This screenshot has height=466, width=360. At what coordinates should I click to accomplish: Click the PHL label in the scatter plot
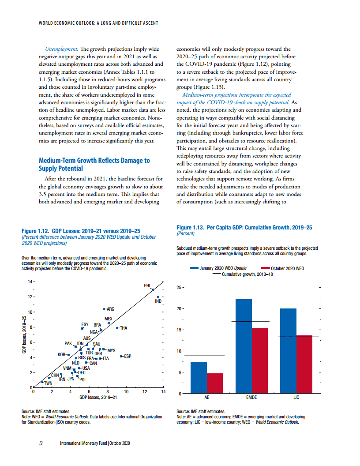(x=148, y=286)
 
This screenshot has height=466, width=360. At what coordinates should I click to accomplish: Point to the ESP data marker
(x=122, y=356)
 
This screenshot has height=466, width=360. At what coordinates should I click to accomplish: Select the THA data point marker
(x=117, y=328)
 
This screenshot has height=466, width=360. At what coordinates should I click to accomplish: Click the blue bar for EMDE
(x=244, y=346)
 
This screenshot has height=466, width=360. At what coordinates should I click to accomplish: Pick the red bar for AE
(x=215, y=383)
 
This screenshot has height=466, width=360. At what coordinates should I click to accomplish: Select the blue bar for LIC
(x=288, y=351)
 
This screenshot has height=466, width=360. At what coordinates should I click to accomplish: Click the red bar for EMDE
(x=260, y=361)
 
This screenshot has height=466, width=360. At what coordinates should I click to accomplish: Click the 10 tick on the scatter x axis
(x=126, y=392)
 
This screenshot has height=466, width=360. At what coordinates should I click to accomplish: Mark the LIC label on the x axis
(x=296, y=398)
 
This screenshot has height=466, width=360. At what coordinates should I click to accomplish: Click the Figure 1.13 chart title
(x=244, y=227)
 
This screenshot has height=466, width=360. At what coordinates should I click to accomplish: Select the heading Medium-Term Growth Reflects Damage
(x=94, y=164)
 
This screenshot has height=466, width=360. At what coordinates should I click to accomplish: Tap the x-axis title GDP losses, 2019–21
(x=98, y=398)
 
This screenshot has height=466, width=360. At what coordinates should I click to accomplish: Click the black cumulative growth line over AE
(x=204, y=356)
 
